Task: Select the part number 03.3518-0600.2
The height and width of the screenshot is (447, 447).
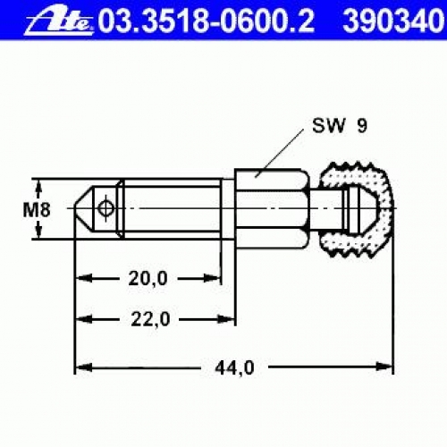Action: coord(207,21)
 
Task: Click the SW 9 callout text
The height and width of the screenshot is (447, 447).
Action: coord(340,126)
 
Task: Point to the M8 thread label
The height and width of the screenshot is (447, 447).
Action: coord(37,209)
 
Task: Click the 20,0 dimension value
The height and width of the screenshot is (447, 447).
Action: coord(148,279)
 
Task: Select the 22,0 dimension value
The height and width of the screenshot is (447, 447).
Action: coord(150,319)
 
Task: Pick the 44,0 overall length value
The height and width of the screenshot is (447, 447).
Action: coord(234,367)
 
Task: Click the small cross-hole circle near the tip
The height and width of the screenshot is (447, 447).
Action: coord(106,208)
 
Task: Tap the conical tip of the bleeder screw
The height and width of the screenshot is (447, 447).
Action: coord(83,208)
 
